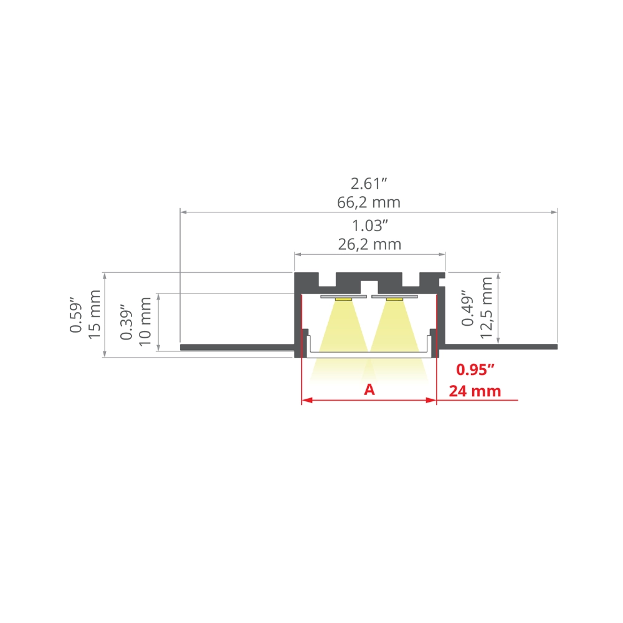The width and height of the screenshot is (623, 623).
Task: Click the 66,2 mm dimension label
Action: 369,202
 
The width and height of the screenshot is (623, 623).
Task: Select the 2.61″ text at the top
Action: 369,184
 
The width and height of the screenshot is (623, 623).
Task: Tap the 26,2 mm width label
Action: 369,244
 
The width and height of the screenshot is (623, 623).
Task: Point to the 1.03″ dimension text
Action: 369,226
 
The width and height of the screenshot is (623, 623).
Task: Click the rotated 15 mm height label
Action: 94,314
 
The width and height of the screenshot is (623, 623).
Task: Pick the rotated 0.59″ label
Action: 75,314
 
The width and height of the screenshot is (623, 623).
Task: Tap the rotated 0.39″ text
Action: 126,323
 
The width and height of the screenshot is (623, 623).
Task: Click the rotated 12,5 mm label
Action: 486,308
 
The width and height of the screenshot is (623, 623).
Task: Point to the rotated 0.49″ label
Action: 468,311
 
